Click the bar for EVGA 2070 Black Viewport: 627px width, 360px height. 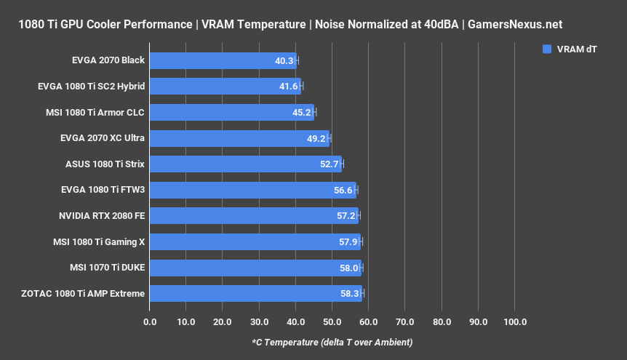pos(222,60)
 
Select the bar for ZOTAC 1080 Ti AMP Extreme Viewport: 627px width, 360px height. pos(255,293)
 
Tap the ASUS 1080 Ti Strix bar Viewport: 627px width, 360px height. pos(245,164)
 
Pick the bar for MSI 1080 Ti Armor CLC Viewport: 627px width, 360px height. pos(231,112)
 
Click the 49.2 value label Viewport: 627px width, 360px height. pos(316,138)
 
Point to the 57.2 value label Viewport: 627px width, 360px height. pos(346,216)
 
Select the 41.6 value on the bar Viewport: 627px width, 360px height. pos(289,87)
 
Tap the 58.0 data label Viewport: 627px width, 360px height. pos(348,268)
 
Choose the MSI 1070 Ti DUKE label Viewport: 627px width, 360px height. pos(107,268)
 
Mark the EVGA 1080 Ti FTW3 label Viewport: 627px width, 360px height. pos(103,190)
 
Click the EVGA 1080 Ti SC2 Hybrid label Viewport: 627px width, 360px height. pos(91,87)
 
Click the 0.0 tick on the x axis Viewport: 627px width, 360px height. pos(150,321)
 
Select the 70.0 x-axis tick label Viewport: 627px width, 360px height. pos(405,321)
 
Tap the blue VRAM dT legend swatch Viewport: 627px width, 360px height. pos(546,49)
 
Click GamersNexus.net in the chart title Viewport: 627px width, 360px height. pos(514,25)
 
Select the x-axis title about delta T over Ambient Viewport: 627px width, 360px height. pos(332,343)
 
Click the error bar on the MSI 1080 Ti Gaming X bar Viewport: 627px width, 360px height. pos(361,241)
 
